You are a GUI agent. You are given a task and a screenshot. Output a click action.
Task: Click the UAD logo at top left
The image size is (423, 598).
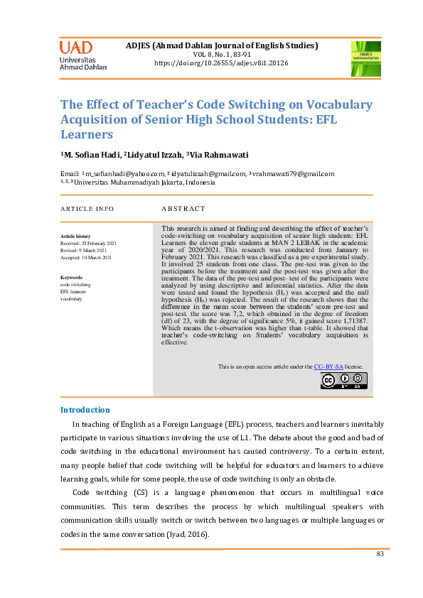pos(83,55)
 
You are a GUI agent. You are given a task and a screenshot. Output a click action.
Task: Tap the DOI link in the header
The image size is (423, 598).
pos(221,63)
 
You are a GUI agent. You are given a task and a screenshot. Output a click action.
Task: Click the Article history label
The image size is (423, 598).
pos(75,236)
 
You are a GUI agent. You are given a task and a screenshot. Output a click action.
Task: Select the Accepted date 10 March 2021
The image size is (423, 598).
pos(89,257)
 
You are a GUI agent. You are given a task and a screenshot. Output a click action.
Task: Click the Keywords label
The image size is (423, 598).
pos(72,278)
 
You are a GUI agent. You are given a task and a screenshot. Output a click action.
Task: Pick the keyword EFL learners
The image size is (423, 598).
pos(73,292)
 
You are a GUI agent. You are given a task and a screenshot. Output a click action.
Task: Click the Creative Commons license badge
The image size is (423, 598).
pos(343,381)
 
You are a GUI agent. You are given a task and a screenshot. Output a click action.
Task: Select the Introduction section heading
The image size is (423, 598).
pos(85,410)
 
